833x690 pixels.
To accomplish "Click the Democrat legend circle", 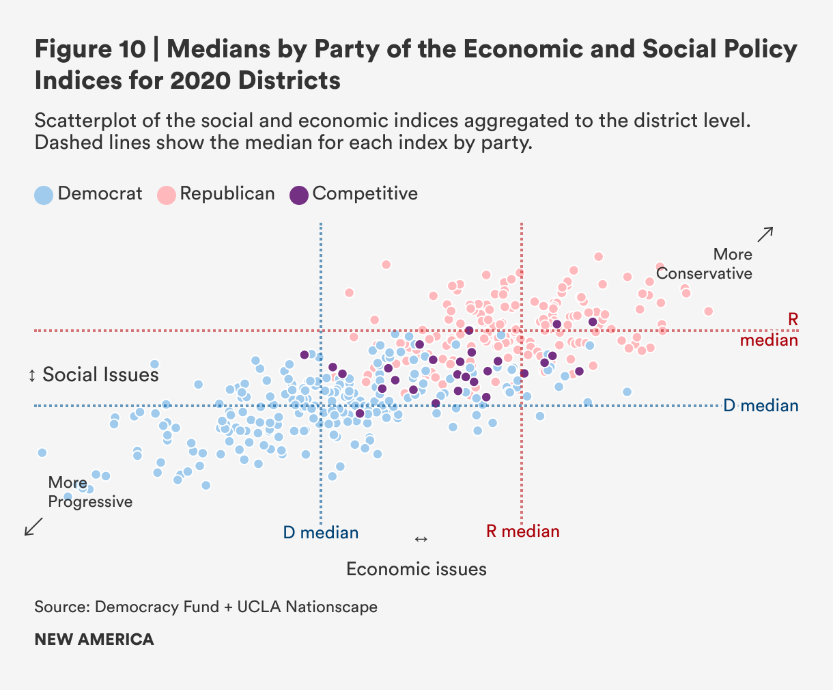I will [x=44, y=195].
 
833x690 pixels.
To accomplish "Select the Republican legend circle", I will [x=167, y=195].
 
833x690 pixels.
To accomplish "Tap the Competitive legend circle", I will [x=299, y=195].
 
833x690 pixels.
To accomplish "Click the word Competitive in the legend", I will [x=365, y=194].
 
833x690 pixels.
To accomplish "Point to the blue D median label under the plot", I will [x=321, y=533].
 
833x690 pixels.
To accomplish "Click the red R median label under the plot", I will [x=522, y=532].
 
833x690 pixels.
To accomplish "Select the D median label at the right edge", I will [x=760, y=406].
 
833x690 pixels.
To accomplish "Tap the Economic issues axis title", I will [x=416, y=569].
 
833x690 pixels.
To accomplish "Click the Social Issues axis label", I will [x=100, y=375].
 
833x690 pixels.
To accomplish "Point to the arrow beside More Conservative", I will [x=765, y=234].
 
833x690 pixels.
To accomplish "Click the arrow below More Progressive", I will [x=33, y=526].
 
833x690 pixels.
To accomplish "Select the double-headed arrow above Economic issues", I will [x=421, y=540].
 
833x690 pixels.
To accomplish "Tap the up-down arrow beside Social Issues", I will [x=31, y=376].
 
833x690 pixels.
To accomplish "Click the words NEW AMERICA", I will [x=94, y=639].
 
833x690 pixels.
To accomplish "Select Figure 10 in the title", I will [x=89, y=50].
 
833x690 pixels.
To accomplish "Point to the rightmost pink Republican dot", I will [x=708, y=311].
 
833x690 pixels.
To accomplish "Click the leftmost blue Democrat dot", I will [x=42, y=452].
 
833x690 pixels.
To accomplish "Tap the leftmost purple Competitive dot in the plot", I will [x=305, y=355].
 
